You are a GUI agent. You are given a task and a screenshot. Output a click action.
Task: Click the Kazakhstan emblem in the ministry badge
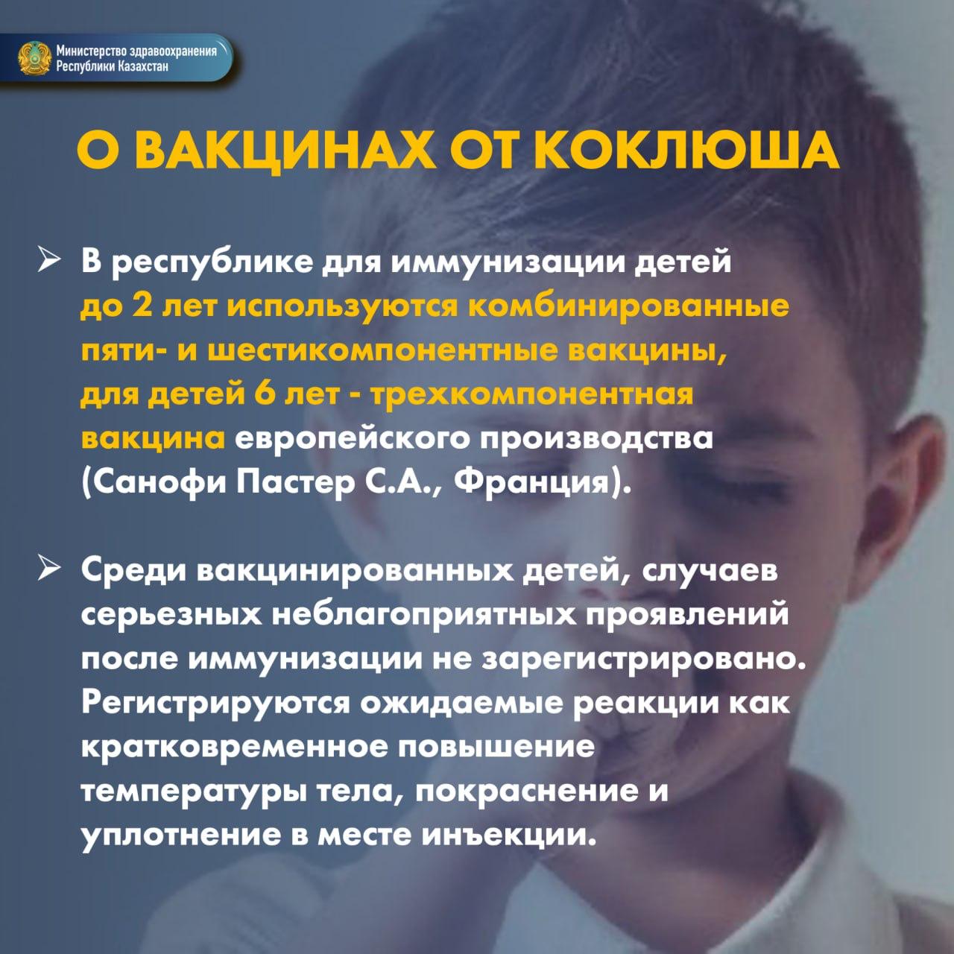click(x=35, y=58)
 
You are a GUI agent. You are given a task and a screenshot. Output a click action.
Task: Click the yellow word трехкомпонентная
click(x=533, y=396)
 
